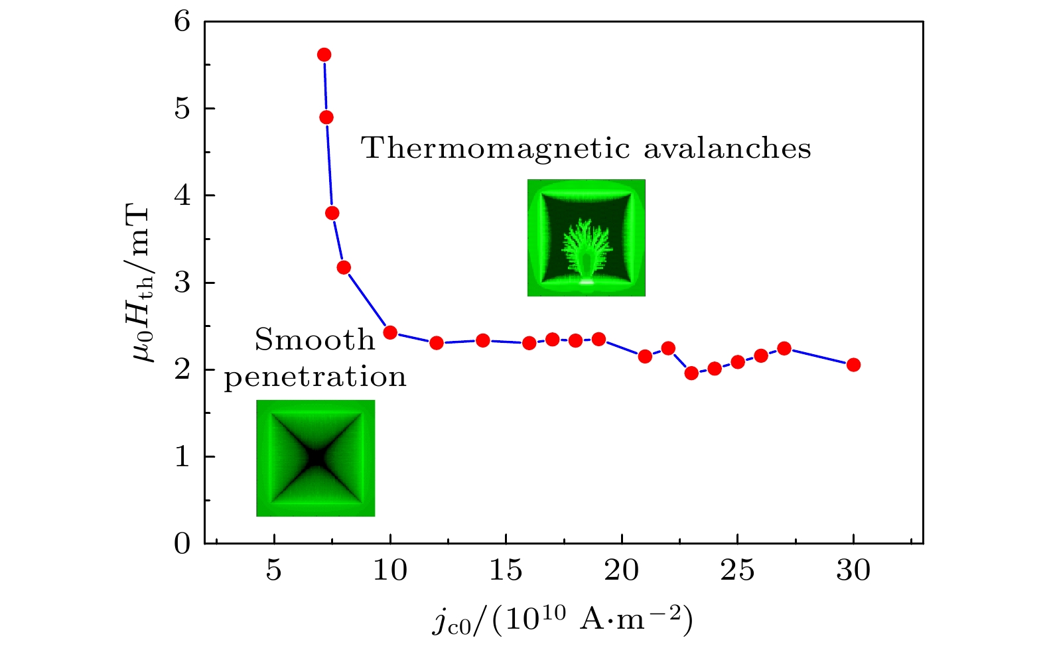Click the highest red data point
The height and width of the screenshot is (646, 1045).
click(x=324, y=54)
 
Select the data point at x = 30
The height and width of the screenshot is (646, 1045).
click(x=853, y=364)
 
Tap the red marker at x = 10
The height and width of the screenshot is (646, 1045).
click(x=390, y=332)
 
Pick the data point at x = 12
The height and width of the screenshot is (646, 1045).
click(x=437, y=343)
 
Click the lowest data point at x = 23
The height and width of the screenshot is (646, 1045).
click(x=691, y=373)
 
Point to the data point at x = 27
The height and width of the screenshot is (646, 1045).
click(x=784, y=348)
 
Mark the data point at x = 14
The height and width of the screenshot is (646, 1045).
click(x=483, y=340)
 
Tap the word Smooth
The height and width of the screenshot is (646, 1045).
click(x=314, y=340)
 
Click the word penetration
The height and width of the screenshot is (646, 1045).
click(x=314, y=377)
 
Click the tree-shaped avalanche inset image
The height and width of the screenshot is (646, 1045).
click(x=586, y=237)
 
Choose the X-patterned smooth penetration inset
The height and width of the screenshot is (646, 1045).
click(x=316, y=458)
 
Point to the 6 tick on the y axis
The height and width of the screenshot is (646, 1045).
click(x=182, y=22)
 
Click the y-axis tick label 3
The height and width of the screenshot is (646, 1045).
click(x=182, y=283)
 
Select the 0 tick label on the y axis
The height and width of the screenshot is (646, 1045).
click(x=182, y=544)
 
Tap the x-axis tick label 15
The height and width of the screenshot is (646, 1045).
click(x=506, y=570)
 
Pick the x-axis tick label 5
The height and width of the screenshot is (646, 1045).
click(x=274, y=570)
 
